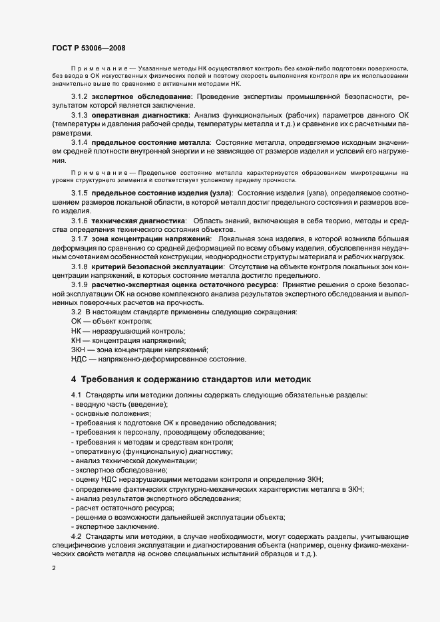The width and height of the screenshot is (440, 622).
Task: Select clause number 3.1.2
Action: coord(79,97)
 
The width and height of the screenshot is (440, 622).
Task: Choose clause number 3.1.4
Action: coord(79,142)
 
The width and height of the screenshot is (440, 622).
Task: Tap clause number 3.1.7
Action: coord(79,238)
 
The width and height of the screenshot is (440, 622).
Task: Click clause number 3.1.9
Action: coord(79,284)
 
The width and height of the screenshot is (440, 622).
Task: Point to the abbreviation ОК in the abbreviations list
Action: coord(76,321)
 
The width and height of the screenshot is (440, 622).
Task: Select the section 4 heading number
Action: coord(74,379)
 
